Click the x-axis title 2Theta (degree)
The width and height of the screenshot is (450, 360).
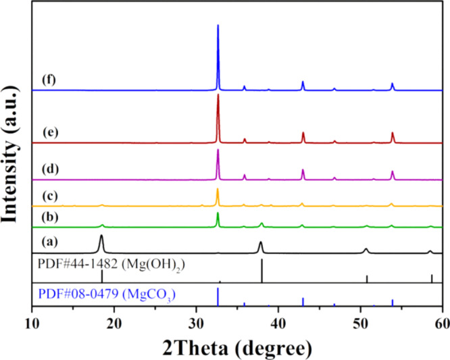click(237, 346)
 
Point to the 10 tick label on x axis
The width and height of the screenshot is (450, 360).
click(32, 322)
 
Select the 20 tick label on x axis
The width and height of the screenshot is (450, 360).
click(114, 322)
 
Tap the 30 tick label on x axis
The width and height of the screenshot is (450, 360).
click(197, 322)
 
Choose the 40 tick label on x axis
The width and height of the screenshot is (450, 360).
click(278, 322)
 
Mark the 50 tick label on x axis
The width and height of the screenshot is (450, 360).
click(361, 322)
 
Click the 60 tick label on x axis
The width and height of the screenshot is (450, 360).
click(442, 322)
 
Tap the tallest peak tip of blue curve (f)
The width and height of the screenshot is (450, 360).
click(218, 26)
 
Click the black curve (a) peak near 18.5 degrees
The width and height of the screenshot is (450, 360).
click(101, 236)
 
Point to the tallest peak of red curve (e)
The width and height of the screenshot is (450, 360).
click(218, 95)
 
